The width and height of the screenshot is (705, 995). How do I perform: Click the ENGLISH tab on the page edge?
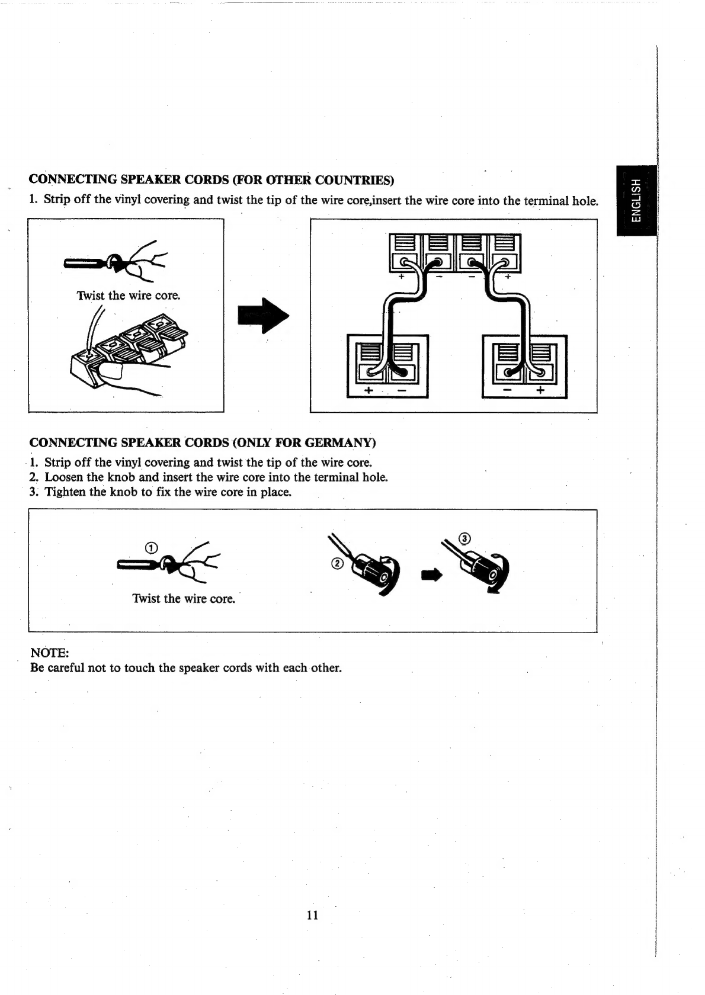pyautogui.click(x=636, y=200)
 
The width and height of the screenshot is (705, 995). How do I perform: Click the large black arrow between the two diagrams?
pyautogui.click(x=264, y=315)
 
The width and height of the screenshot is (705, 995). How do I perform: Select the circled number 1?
pyautogui.click(x=152, y=548)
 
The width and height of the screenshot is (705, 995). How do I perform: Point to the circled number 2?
pyautogui.click(x=337, y=564)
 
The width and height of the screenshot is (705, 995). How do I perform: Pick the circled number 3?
pyautogui.click(x=464, y=539)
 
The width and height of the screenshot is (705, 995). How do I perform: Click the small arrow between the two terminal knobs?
pyautogui.click(x=431, y=575)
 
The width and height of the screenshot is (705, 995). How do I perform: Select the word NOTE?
pyautogui.click(x=48, y=653)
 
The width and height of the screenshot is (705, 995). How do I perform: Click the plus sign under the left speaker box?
pyautogui.click(x=368, y=390)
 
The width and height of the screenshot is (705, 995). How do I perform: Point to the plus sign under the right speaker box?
pyautogui.click(x=540, y=390)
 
